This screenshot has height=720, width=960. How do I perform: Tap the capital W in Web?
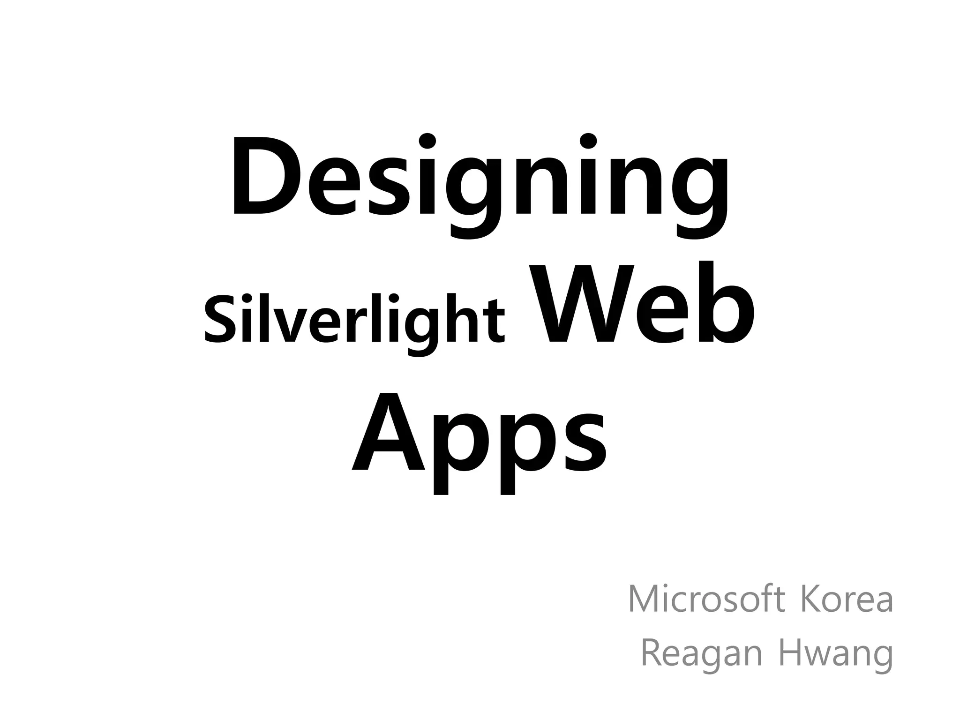pos(581,304)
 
